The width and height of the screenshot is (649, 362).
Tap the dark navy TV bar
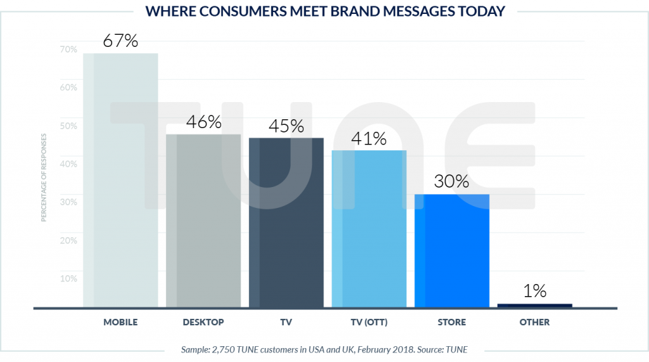point(286,223)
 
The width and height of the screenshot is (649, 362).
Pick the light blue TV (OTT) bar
point(369,229)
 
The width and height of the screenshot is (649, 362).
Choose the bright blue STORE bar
point(452,250)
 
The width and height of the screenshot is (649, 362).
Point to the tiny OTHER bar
point(535,306)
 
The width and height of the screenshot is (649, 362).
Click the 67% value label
point(120,42)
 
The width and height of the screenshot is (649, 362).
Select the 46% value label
point(203,122)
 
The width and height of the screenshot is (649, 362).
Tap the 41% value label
point(369,139)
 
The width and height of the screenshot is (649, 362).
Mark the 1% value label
point(535,291)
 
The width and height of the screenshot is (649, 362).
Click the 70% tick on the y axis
point(68,49)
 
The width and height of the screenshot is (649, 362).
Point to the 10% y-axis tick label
point(68,278)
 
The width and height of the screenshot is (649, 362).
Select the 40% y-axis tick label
point(68,164)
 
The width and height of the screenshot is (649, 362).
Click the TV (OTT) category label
point(369,322)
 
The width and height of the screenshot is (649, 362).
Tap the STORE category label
point(452,322)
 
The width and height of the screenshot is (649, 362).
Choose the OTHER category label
point(535,322)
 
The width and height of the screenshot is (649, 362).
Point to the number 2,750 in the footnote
point(228,349)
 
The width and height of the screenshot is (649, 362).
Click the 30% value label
point(452,182)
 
